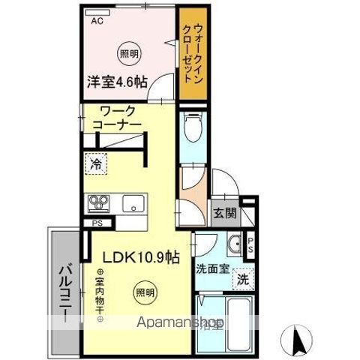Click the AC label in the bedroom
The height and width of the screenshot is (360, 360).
tap(97, 21)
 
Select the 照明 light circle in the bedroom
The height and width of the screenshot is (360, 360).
tap(129, 53)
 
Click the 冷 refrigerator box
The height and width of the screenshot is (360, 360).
tap(96, 165)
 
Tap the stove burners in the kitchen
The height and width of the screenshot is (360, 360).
tap(99, 203)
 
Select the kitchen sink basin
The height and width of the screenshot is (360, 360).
tap(134, 202)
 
